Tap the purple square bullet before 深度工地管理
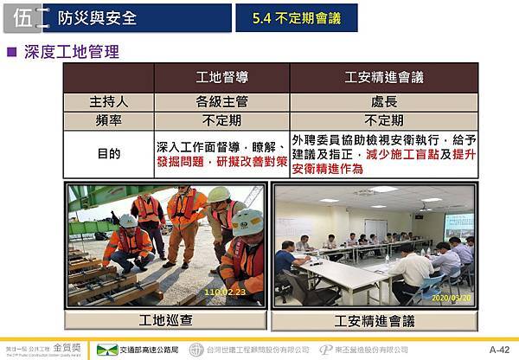pyautogui.click(x=12, y=52)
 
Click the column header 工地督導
pyautogui.click(x=221, y=78)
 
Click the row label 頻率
pyautogui.click(x=109, y=120)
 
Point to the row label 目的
pyautogui.click(x=109, y=154)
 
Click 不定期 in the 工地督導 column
pyautogui.click(x=221, y=120)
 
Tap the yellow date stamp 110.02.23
pyautogui.click(x=223, y=292)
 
